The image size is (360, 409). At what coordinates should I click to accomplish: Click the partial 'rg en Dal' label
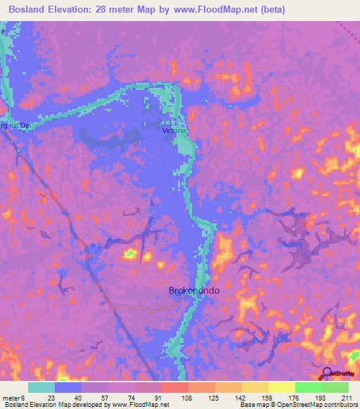(x=13, y=126)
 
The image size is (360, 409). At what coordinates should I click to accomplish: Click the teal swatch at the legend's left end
(x=41, y=387)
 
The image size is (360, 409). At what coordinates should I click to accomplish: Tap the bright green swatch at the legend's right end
(x=335, y=387)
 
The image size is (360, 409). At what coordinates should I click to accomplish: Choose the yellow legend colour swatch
(x=282, y=387)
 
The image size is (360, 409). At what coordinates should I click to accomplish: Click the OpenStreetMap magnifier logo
(x=328, y=374)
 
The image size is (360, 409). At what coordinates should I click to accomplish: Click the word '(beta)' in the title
(x=273, y=9)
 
